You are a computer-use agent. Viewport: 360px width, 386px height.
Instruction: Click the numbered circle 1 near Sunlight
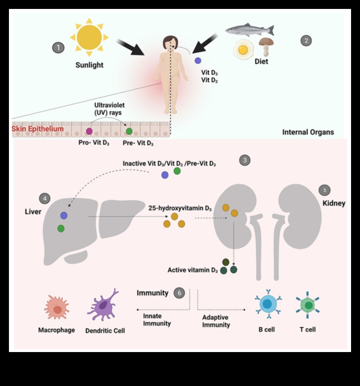pos(58,47)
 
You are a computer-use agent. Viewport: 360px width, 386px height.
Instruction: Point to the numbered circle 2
pos(306,41)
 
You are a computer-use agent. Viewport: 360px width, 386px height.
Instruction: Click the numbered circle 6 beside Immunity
pos(179,293)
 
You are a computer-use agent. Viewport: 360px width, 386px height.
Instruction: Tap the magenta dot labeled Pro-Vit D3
pos(89,131)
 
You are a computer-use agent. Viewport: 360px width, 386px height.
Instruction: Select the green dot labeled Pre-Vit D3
pos(129,131)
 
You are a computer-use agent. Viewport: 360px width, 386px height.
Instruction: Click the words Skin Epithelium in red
pos(38,129)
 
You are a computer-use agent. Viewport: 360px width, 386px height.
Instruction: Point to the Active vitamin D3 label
pos(193,270)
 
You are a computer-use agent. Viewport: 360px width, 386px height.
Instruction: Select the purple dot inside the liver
pos(64,215)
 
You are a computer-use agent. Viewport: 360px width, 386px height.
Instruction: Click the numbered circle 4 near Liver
pos(45,197)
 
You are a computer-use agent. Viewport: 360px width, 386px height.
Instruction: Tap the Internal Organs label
pos(308,132)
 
